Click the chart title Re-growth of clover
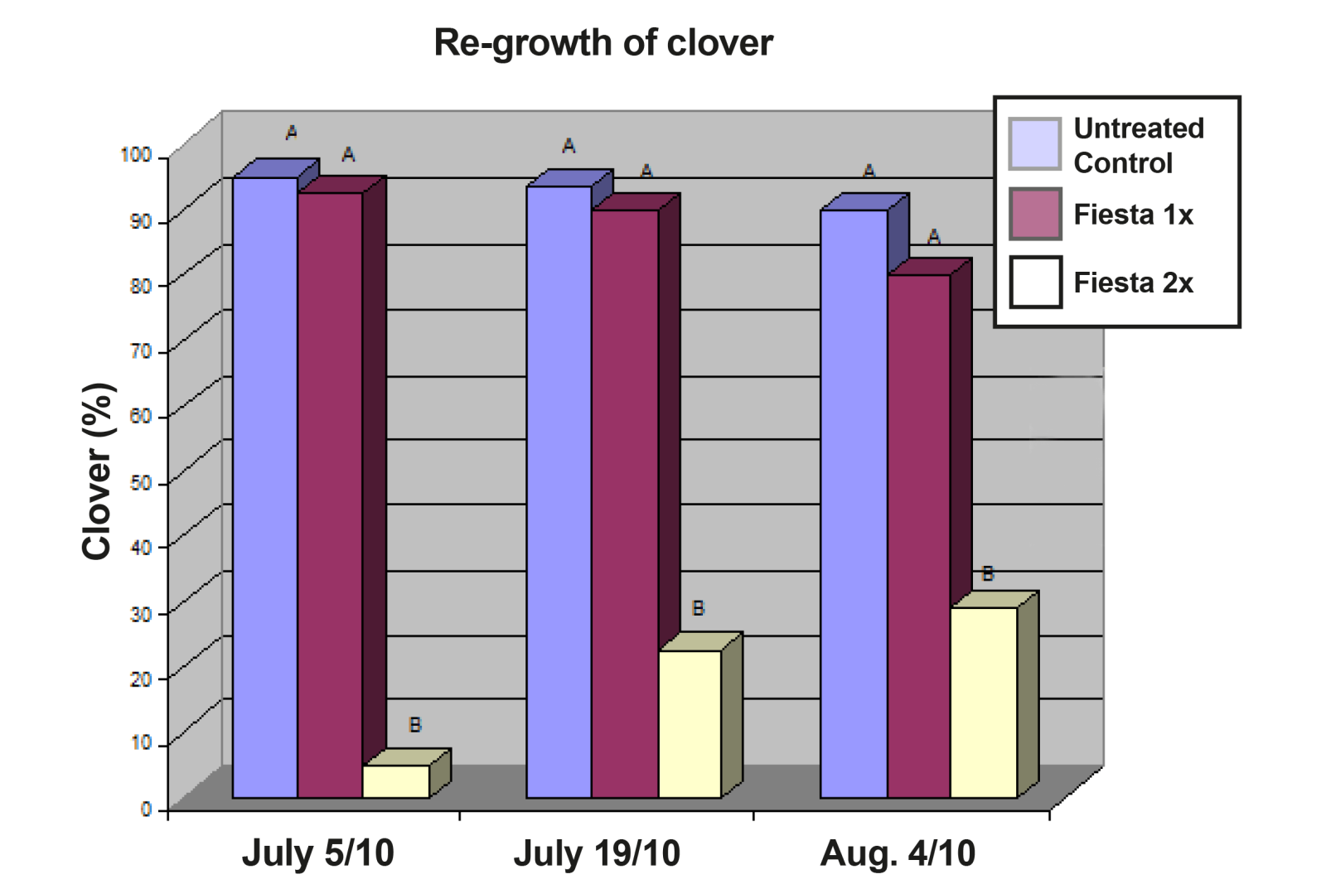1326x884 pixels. point(603,43)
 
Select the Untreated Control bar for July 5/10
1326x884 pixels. point(264,489)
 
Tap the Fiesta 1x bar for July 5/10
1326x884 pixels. point(330,497)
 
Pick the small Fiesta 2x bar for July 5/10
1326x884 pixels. point(395,781)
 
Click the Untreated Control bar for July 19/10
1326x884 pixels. point(559,493)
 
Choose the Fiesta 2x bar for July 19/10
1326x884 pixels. point(689,724)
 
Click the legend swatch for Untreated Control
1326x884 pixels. point(1034,143)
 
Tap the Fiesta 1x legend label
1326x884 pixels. point(1133,215)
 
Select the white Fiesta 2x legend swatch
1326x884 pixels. point(1035,282)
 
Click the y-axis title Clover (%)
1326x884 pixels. point(97,471)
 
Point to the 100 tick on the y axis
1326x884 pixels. point(136,155)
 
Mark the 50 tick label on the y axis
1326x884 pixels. point(141,482)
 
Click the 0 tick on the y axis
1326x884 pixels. point(147,808)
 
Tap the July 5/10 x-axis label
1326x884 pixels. point(317,853)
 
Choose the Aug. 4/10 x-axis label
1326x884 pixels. point(898,853)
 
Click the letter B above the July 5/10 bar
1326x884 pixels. point(415,725)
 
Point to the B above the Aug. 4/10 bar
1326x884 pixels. point(987,573)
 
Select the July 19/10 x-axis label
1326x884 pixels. point(597,853)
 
